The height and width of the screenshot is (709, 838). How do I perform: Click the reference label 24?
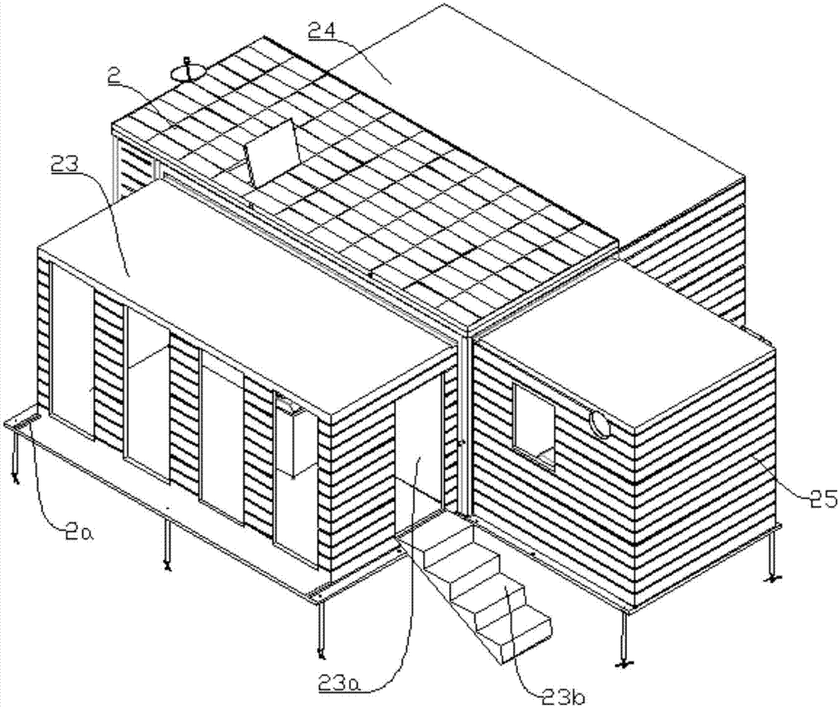click(321, 32)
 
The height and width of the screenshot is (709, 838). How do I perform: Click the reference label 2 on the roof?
click(113, 76)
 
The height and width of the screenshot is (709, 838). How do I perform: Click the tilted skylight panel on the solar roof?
click(272, 152)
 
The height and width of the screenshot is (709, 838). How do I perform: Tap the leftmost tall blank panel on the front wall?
click(71, 351)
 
